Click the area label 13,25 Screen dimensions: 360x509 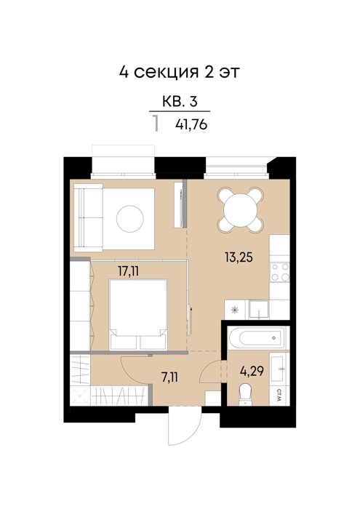click(239, 257)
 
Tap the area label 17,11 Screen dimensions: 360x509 click(128, 270)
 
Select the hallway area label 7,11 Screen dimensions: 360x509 click(169, 377)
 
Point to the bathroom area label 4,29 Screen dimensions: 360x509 click(252, 371)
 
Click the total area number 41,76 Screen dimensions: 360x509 click(191, 124)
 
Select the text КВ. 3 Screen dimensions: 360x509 click(180, 102)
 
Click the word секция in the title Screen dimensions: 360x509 click(166, 72)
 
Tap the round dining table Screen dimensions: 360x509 click(240, 210)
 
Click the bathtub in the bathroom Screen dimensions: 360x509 click(257, 338)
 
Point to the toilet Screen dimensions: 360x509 click(245, 394)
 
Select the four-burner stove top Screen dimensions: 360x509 click(280, 272)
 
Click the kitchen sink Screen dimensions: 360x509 click(259, 309)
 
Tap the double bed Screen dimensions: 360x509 click(138, 315)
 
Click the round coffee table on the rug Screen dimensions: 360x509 click(130, 218)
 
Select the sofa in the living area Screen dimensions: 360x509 click(88, 217)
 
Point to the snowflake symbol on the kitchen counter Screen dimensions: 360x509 click(234, 310)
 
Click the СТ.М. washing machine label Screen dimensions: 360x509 click(279, 396)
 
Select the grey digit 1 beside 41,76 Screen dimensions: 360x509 click(156, 124)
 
